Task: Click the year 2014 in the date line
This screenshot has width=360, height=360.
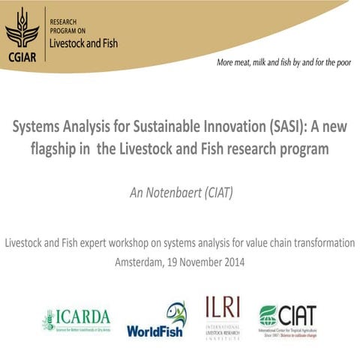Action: [x=232, y=262]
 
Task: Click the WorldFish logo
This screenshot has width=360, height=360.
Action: [x=156, y=321]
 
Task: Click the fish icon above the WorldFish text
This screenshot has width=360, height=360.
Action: [x=175, y=310]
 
